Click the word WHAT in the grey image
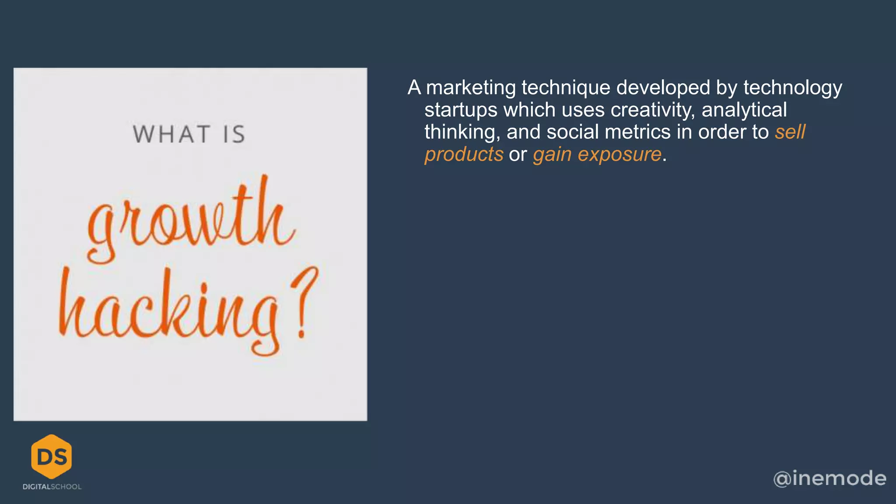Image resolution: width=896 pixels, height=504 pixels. click(171, 134)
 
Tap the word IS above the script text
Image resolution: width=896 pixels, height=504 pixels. click(234, 134)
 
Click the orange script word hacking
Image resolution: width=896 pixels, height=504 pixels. click(168, 311)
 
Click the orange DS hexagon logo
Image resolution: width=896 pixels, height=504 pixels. click(52, 456)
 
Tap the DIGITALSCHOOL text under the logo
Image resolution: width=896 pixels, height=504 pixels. click(52, 487)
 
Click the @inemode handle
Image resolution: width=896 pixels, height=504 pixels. click(829, 478)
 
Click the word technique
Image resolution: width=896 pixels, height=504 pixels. click(566, 88)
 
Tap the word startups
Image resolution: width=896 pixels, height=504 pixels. click(461, 110)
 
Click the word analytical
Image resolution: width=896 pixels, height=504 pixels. click(744, 110)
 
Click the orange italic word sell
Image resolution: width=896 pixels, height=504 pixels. click(790, 133)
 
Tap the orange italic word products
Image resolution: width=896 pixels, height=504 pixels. click(464, 155)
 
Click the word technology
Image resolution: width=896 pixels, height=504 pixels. click(792, 88)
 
